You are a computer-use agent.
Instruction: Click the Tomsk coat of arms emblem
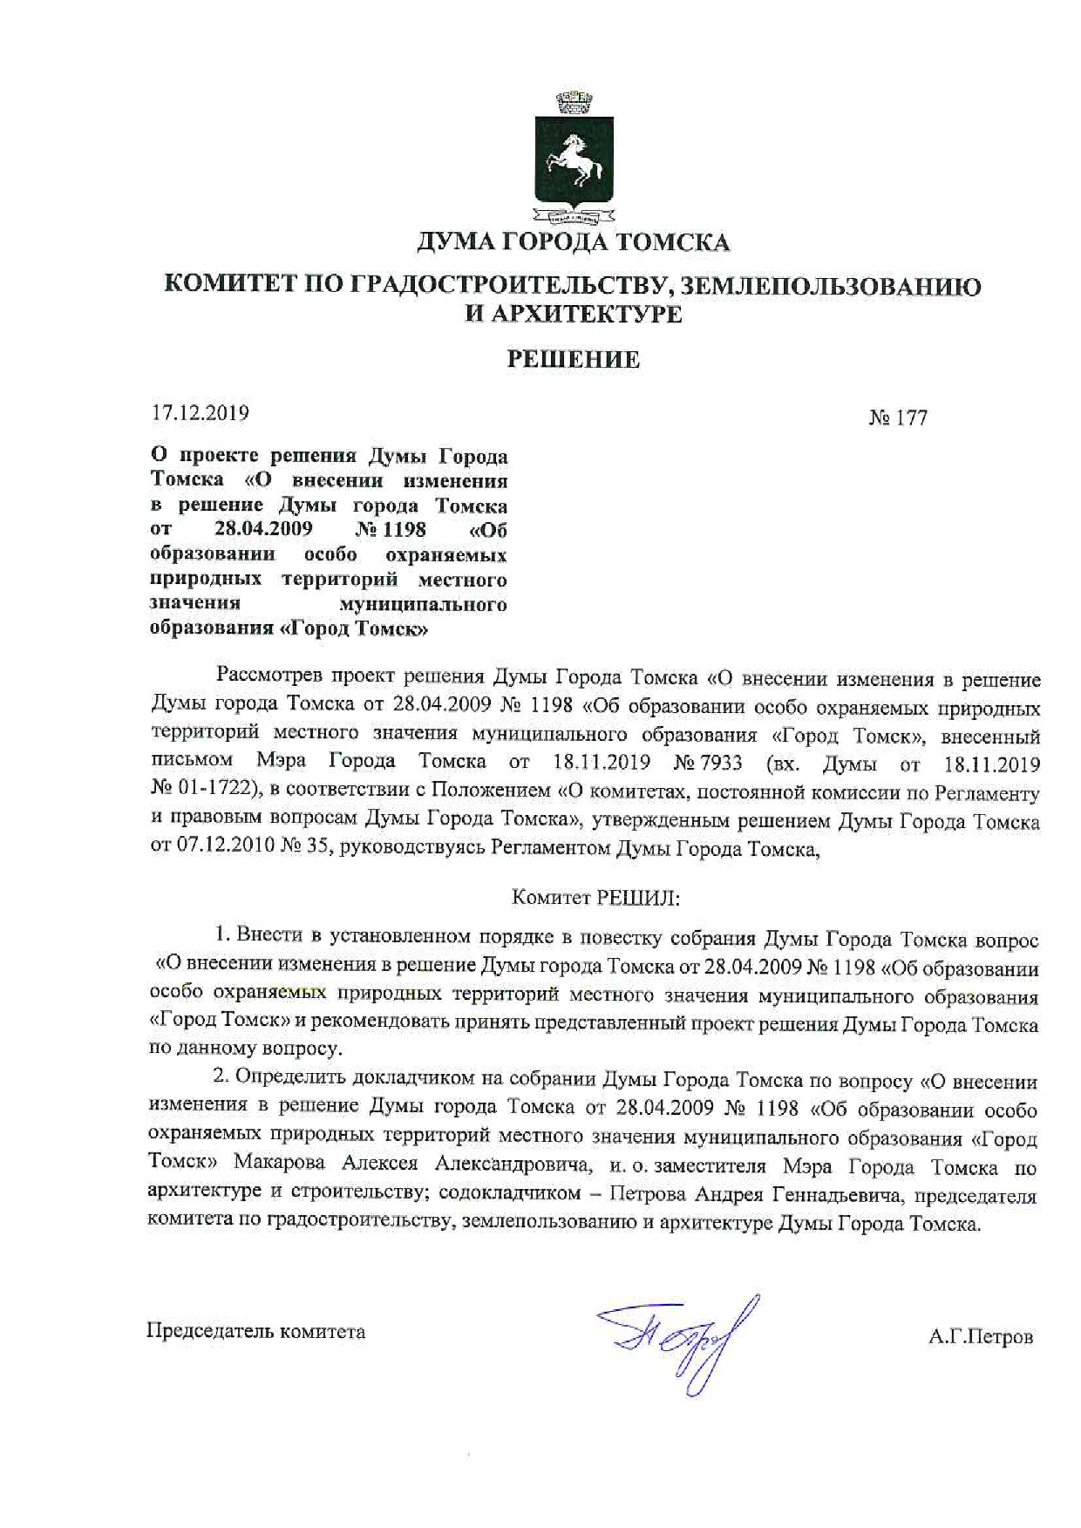pos(574,160)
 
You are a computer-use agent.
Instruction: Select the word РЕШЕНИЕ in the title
pos(574,359)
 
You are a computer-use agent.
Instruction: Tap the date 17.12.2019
pos(201,413)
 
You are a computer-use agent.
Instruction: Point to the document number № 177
pos(898,418)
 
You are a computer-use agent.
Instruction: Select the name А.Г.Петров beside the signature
pos(981,1336)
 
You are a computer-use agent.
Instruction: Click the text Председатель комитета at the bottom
pos(256,1331)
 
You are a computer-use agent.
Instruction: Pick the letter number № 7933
pos(708,763)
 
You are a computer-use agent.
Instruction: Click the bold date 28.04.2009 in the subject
pos(263,528)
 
